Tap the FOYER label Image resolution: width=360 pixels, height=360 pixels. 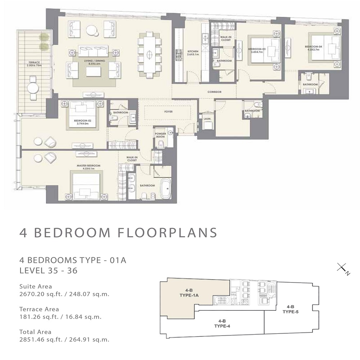pyautogui.click(x=168, y=112)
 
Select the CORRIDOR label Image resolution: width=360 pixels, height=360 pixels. pyautogui.click(x=214, y=92)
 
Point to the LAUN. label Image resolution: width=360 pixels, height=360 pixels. pyautogui.click(x=207, y=118)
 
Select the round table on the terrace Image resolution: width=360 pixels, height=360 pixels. pyautogui.click(x=33, y=87)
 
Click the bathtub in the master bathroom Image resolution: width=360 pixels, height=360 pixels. pyautogui.click(x=166, y=188)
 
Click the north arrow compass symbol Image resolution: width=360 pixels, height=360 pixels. pyautogui.click(x=342, y=269)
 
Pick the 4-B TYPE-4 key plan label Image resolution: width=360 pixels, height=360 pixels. pyautogui.click(x=222, y=323)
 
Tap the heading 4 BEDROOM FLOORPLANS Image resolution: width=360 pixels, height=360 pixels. pyautogui.click(x=118, y=233)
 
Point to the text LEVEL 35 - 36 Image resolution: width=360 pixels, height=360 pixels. pyautogui.click(x=48, y=271)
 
